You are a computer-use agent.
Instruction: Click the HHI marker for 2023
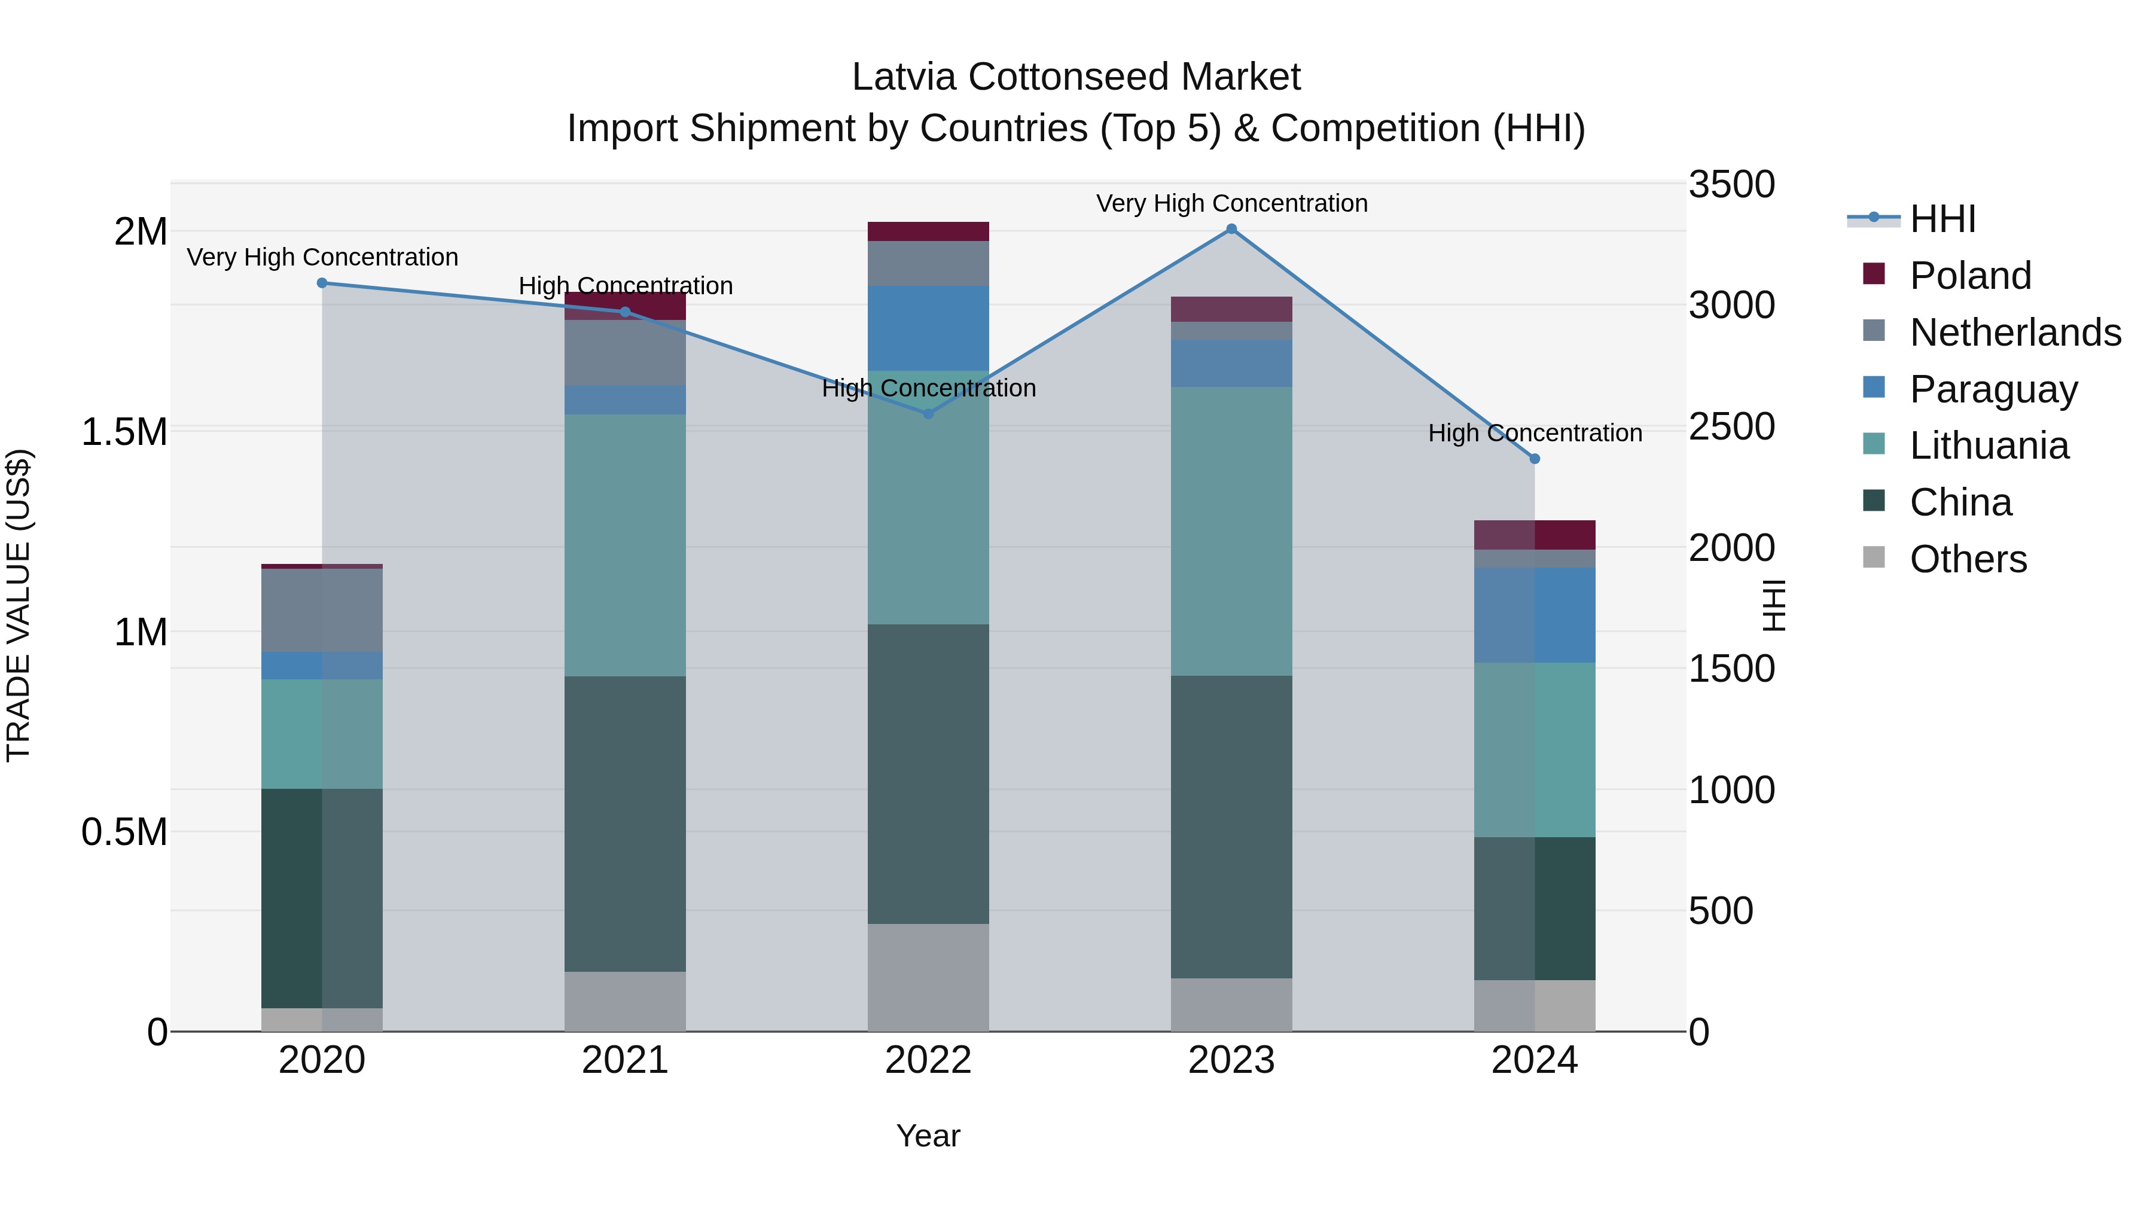(x=1231, y=229)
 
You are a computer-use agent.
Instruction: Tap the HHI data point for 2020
(x=322, y=283)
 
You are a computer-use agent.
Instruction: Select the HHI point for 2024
(x=1535, y=459)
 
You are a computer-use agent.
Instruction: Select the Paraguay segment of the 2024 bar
(x=1535, y=615)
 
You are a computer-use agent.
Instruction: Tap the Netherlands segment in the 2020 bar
(x=322, y=610)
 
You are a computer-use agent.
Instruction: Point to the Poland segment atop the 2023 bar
(x=1231, y=309)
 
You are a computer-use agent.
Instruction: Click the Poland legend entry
(x=1969, y=276)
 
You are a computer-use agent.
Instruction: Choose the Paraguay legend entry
(x=1993, y=389)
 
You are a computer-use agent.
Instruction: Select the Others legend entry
(x=1968, y=559)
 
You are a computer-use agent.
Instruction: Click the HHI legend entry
(x=1941, y=219)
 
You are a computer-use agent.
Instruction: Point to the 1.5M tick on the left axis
(x=124, y=432)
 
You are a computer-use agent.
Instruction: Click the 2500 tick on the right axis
(x=1731, y=427)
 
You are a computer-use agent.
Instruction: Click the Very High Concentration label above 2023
(x=1231, y=203)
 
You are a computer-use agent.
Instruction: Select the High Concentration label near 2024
(x=1535, y=433)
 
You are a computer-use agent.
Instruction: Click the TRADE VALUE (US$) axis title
(x=19, y=606)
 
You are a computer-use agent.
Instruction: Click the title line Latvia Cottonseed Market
(x=1076, y=77)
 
